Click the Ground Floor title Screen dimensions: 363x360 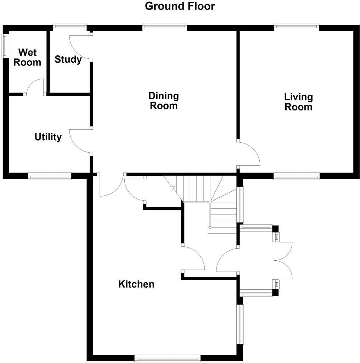click(x=180, y=6)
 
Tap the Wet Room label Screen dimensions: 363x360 click(x=27, y=57)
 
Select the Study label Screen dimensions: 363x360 click(x=68, y=59)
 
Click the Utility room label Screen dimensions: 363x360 click(x=48, y=137)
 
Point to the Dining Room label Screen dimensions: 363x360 click(x=163, y=101)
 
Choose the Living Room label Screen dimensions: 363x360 click(x=298, y=102)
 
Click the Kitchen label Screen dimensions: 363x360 click(x=136, y=284)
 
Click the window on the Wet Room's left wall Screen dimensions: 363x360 click(x=5, y=46)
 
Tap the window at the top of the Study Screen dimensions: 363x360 click(x=70, y=27)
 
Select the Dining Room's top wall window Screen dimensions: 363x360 click(x=165, y=27)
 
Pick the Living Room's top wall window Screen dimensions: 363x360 click(x=296, y=27)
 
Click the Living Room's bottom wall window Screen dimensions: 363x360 click(x=296, y=176)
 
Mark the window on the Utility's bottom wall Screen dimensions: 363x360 click(x=50, y=176)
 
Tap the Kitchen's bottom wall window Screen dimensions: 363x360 click(x=168, y=358)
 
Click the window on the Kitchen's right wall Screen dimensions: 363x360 click(x=241, y=324)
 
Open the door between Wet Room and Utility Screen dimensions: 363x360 click(x=34, y=87)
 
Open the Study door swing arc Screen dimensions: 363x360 click(x=81, y=47)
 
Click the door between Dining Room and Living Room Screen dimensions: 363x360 click(x=249, y=153)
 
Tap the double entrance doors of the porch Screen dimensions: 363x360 click(x=283, y=261)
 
